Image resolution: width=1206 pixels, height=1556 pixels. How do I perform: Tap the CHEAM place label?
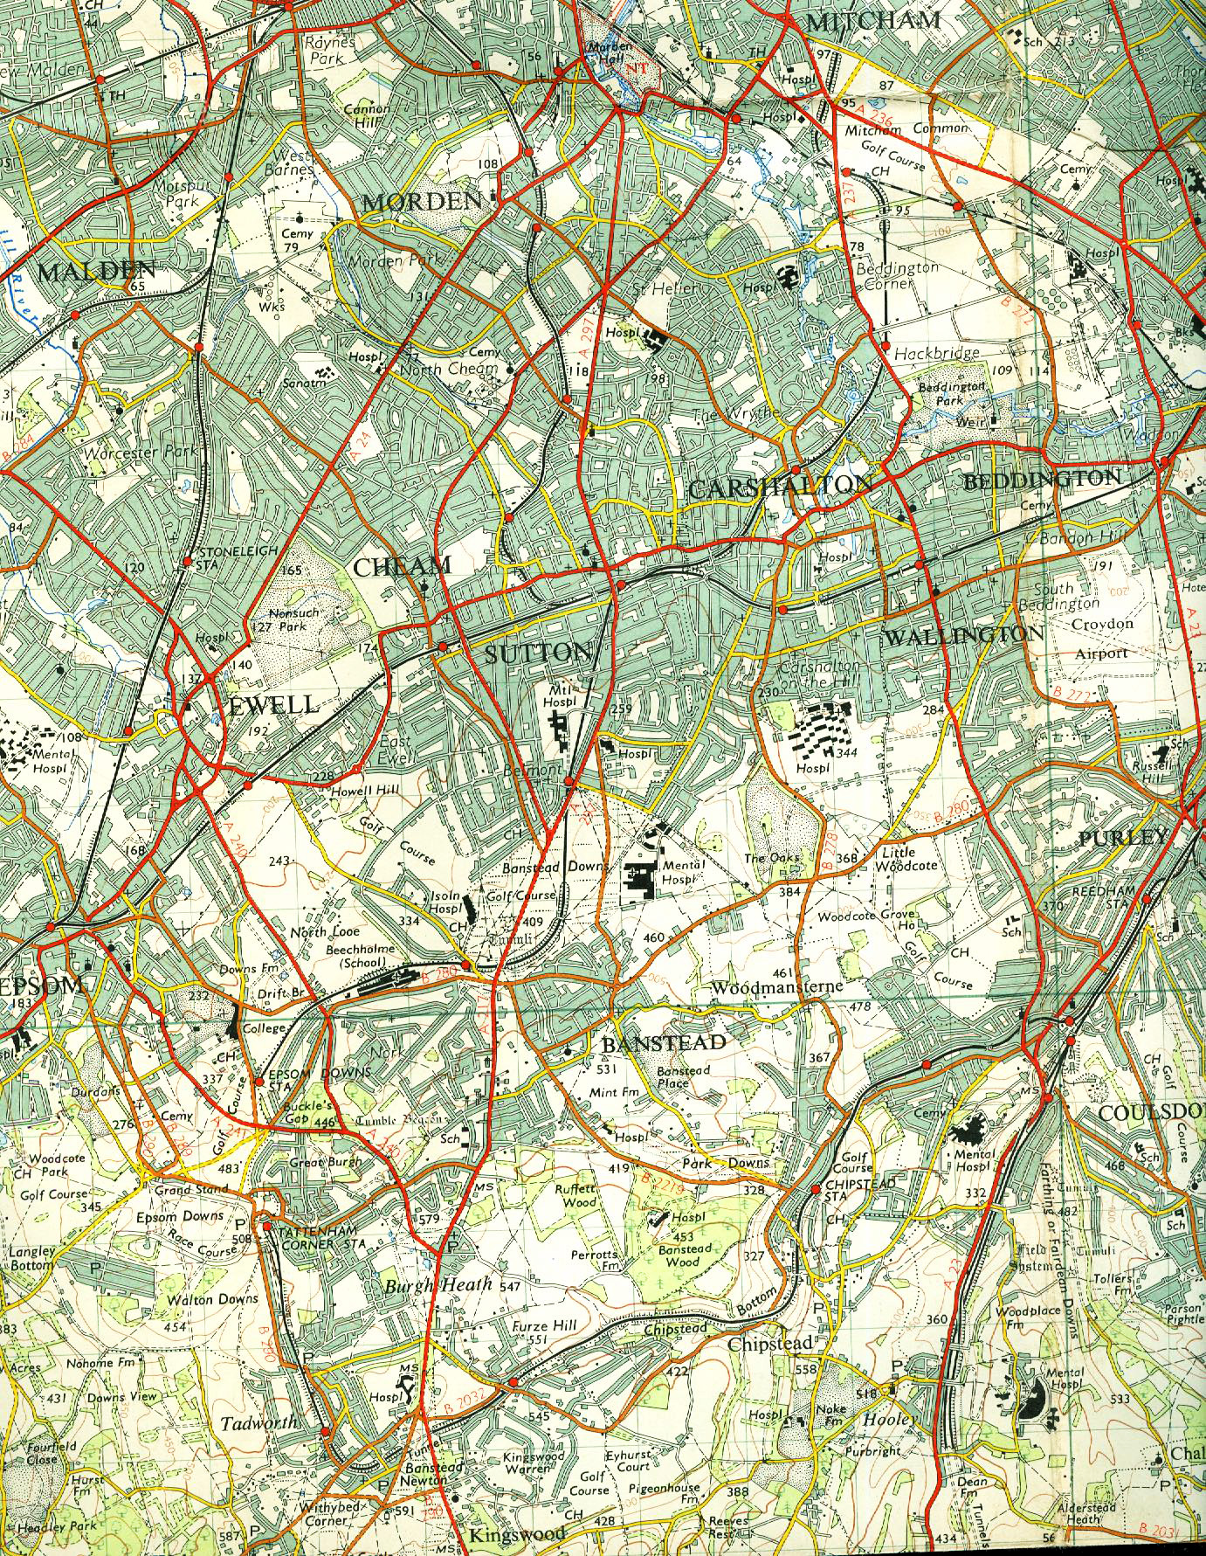point(402,567)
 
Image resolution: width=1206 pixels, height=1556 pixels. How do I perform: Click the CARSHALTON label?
point(781,487)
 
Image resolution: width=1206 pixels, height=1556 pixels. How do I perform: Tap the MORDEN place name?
point(422,202)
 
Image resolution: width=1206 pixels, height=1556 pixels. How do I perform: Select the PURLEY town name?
point(1122,837)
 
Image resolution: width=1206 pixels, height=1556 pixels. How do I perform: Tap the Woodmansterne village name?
point(777,987)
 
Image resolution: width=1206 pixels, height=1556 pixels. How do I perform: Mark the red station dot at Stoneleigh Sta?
point(187,561)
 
